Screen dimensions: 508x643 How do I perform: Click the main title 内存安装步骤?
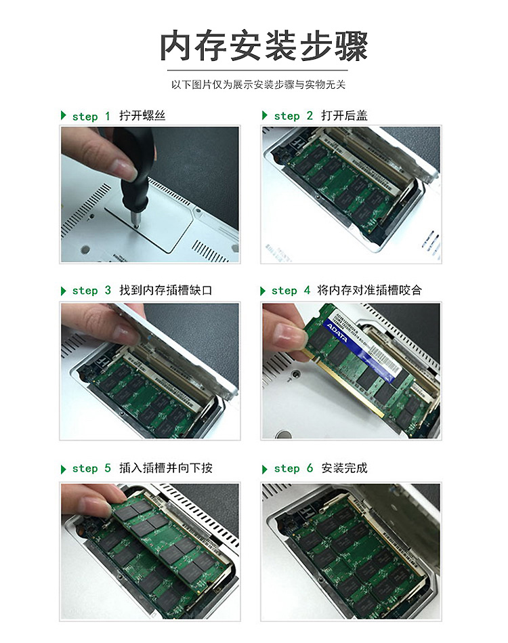[263, 45]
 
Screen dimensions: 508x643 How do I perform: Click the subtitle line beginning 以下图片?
[258, 85]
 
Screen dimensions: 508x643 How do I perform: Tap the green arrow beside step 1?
[63, 115]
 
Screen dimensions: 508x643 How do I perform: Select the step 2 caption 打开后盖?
[344, 116]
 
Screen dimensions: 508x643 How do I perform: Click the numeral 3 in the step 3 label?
[108, 291]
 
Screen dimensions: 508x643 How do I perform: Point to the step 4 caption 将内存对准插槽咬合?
[369, 291]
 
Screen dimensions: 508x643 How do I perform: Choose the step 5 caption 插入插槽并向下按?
[166, 468]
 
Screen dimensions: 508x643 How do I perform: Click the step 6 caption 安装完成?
[344, 468]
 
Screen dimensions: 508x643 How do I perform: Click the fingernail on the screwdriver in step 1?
[126, 169]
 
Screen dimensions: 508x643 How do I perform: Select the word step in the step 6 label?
[287, 468]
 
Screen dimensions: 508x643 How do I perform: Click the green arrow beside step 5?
[63, 469]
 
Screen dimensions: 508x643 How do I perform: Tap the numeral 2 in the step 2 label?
[310, 116]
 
